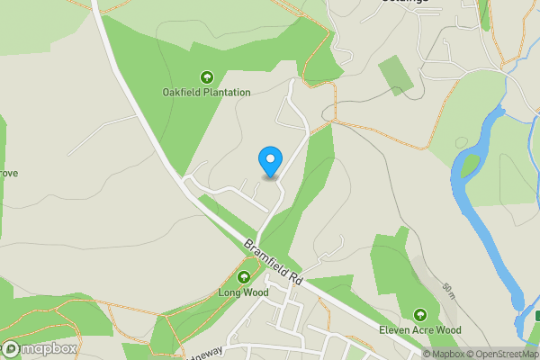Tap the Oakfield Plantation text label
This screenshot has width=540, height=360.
click(206, 92)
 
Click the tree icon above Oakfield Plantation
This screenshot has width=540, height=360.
click(206, 77)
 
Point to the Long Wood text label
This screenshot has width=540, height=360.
click(243, 292)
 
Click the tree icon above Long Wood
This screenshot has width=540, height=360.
click(243, 277)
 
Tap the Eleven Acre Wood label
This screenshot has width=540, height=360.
click(419, 330)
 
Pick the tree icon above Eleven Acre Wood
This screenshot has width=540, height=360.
click(419, 314)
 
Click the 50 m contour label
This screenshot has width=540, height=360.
click(447, 291)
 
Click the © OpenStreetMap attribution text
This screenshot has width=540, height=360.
click(501, 354)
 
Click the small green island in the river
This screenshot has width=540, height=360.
click(470, 165)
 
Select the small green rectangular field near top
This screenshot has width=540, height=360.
click(396, 75)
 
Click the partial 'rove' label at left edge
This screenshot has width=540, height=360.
click(9, 173)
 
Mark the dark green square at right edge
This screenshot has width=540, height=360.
click(536, 316)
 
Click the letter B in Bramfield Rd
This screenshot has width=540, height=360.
click(248, 245)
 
